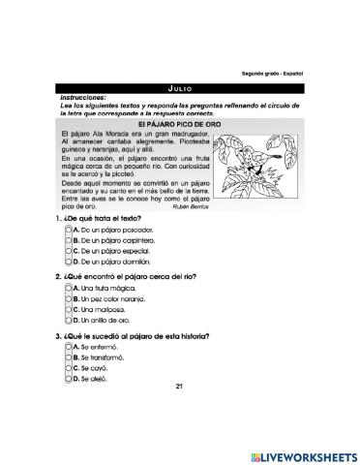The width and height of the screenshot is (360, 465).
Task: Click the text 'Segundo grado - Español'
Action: [274, 74]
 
